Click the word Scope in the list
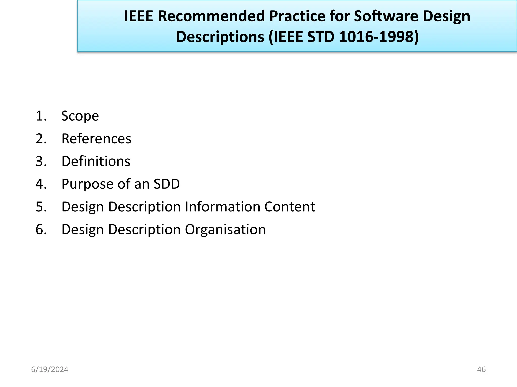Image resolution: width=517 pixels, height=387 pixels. (x=80, y=116)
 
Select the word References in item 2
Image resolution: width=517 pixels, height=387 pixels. (x=96, y=139)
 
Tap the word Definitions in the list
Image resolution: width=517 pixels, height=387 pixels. (x=96, y=161)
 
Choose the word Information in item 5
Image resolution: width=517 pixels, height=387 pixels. (x=222, y=207)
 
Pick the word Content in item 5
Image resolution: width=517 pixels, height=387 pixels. (x=290, y=207)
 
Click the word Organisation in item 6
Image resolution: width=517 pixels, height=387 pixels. (x=225, y=230)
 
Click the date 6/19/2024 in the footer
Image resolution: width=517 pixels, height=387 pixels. (x=50, y=369)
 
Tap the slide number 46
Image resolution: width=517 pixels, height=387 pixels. (x=481, y=369)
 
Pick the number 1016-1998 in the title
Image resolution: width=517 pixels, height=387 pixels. (x=379, y=37)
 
